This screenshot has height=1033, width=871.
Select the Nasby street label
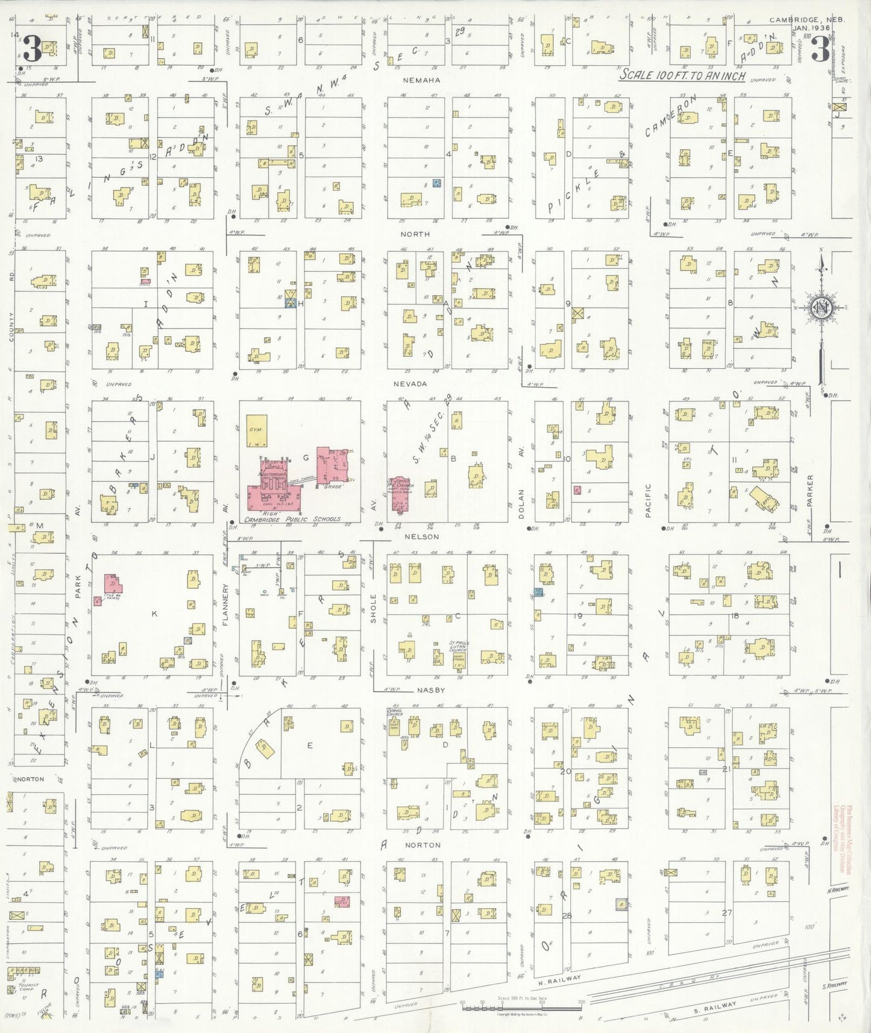coord(431,690)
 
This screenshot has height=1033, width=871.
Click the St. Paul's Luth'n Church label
coord(458,650)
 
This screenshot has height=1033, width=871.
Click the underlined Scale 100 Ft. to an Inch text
coord(683,75)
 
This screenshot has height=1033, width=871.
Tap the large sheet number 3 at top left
coord(32,49)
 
